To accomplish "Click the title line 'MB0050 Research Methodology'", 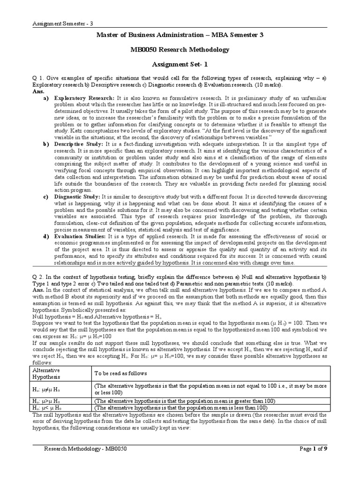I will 180,49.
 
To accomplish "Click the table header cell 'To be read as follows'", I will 121,373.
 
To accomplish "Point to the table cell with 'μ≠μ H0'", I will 49,389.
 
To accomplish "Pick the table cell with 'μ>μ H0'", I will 49,401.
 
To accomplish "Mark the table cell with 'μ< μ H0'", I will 50,408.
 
